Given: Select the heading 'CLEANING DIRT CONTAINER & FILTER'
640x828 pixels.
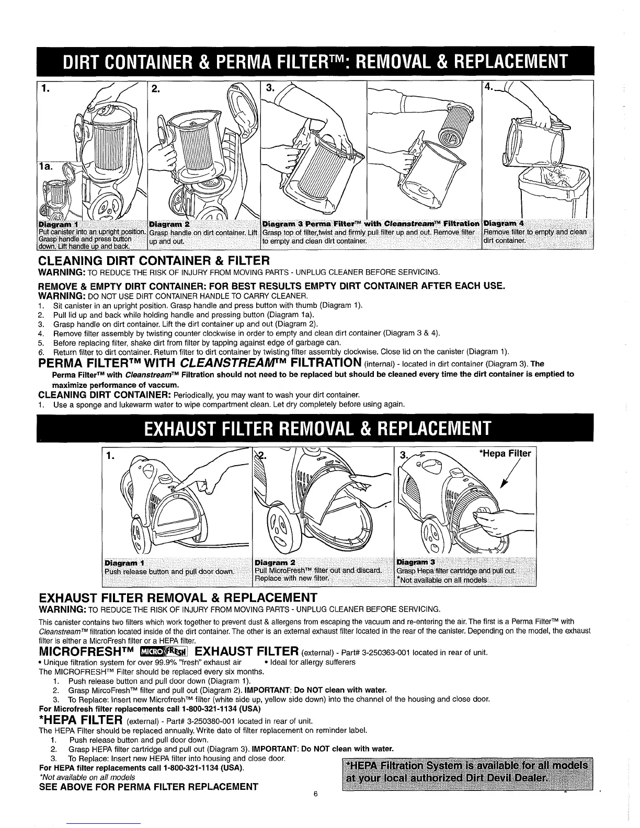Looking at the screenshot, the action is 155,260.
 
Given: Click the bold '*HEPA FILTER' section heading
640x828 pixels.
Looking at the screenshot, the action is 81,721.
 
